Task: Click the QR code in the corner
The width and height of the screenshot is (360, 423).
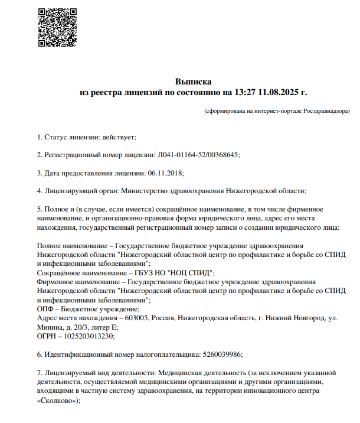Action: pos(57,27)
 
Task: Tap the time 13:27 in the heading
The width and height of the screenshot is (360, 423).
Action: pos(245,92)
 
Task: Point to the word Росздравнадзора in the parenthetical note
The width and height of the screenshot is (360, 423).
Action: pos(327,110)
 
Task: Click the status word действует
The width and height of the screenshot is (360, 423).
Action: pos(119,137)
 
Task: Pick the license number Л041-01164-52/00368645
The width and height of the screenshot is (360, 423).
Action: pos(198,155)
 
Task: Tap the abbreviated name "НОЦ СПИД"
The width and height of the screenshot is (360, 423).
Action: pos(189,273)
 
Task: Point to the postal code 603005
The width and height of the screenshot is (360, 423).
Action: pos(137,318)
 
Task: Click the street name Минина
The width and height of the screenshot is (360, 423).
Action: pos(48,327)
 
